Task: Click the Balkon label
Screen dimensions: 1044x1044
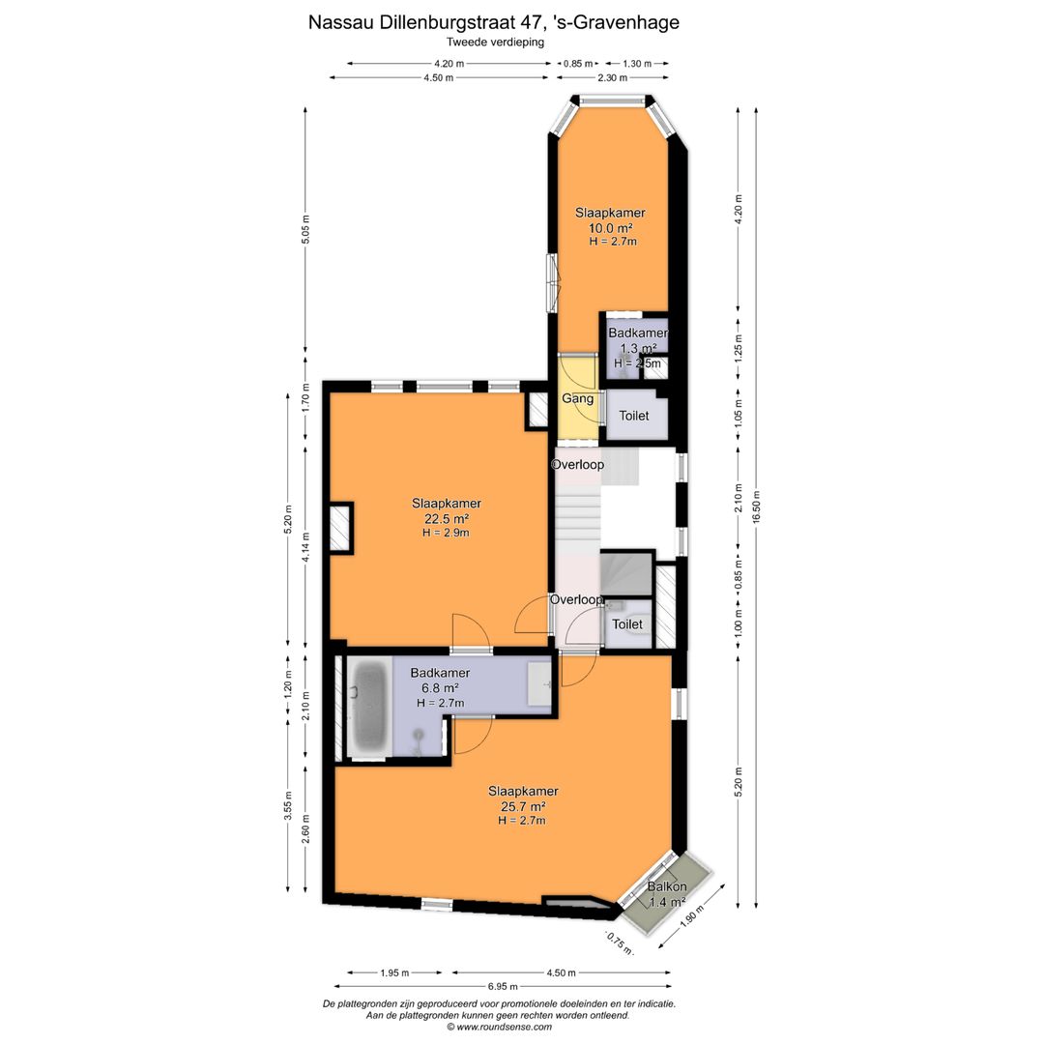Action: [666, 886]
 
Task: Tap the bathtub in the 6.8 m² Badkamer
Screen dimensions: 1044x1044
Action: [368, 708]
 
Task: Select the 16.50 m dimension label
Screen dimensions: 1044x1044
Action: [756, 508]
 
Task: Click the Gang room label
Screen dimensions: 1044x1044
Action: [577, 399]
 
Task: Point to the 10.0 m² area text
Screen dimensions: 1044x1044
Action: [610, 228]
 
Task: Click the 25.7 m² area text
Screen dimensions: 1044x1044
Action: [523, 806]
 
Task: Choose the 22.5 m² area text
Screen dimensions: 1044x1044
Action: [446, 519]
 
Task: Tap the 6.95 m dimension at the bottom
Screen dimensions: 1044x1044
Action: [504, 986]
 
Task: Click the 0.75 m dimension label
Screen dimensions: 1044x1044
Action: [619, 943]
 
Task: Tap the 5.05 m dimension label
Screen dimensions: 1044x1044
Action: [305, 230]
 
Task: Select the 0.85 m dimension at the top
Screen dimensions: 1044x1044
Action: [578, 64]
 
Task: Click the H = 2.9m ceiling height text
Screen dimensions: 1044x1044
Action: [446, 533]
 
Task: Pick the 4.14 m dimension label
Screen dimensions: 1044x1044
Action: [305, 547]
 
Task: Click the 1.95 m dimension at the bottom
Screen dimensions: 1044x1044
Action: [394, 972]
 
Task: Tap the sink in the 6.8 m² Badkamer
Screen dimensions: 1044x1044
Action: [539, 683]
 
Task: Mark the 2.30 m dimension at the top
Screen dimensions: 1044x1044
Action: [612, 78]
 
